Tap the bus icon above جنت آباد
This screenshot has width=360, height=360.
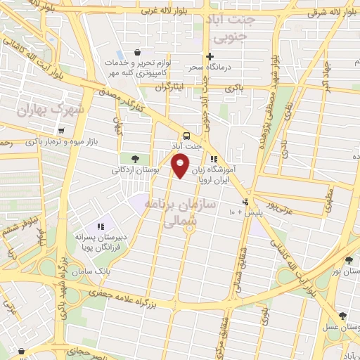tap(186, 135)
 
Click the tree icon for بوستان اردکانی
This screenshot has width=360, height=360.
tap(135, 158)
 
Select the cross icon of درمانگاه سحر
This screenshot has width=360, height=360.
tap(209, 56)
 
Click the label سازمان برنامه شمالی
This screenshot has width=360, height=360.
tap(172, 211)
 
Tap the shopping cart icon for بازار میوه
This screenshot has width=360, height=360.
tap(63, 131)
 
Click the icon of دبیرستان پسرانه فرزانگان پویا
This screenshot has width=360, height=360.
tap(101, 226)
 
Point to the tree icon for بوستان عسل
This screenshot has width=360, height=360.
tap(342, 316)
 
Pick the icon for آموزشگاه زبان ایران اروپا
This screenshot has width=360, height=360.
tap(213, 159)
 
